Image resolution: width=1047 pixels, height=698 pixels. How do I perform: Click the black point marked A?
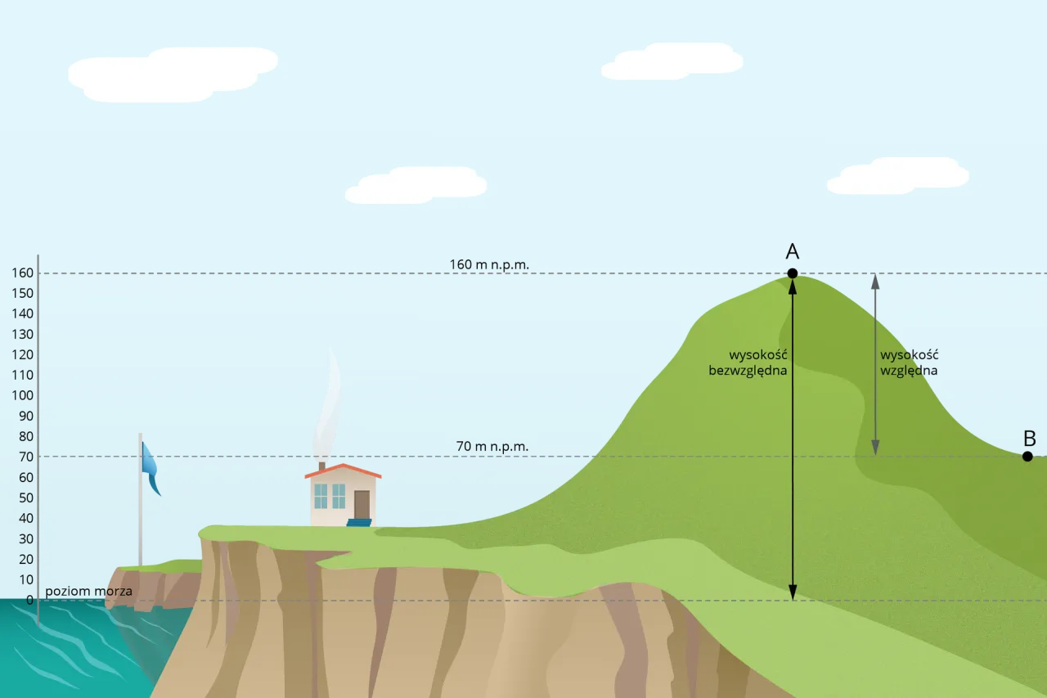(x=792, y=273)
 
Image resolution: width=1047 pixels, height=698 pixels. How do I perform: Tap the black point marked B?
(x=1027, y=456)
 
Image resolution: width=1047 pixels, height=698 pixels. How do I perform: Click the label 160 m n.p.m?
(x=489, y=264)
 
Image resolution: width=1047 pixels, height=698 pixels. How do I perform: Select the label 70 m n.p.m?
(x=492, y=447)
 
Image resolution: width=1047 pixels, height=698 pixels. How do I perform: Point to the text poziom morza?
(x=88, y=591)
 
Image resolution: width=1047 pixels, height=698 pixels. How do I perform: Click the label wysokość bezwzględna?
(x=748, y=363)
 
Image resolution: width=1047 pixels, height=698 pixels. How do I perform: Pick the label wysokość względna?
(x=909, y=363)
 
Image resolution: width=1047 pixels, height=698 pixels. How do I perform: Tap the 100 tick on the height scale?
(x=22, y=395)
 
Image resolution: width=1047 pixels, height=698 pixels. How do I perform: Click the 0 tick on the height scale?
(x=29, y=600)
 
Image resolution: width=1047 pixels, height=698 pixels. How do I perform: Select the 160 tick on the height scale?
(x=22, y=272)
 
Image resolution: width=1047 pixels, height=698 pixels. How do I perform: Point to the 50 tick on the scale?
(x=25, y=498)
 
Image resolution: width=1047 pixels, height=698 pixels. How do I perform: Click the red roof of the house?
(x=344, y=471)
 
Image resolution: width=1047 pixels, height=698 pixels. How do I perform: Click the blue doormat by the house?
(x=360, y=522)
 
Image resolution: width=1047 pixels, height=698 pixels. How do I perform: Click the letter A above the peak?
(x=792, y=251)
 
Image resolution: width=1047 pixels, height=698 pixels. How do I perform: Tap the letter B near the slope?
(x=1030, y=437)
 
